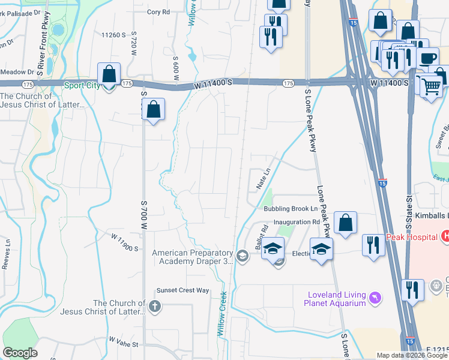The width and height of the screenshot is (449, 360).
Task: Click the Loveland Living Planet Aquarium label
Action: pos(336,298)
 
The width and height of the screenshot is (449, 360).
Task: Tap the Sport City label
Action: pos(83,86)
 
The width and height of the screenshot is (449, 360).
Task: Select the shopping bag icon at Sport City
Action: pos(109,75)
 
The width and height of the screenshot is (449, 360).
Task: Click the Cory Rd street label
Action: pos(158,11)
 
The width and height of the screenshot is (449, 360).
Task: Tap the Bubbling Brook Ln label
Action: pos(291,209)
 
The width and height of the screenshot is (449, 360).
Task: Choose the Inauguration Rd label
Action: pos(297,222)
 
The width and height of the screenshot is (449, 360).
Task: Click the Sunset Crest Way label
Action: pos(182,290)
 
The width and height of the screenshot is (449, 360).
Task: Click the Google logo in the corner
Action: pos(20,352)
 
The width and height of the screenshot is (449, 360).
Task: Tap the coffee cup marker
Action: pos(427,59)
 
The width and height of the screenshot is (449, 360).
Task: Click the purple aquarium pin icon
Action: pos(375,298)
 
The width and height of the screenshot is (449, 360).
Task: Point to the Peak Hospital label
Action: pos(411,236)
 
